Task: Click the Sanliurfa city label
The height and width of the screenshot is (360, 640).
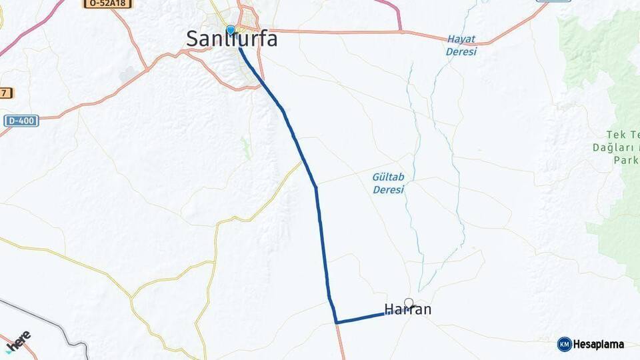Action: pos(232,39)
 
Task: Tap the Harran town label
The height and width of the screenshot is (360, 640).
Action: pos(408,310)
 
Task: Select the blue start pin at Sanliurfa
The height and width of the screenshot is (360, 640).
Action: pos(230,30)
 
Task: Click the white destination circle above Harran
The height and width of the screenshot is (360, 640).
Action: pos(409,302)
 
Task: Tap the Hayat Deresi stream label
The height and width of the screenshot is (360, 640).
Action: pos(461,45)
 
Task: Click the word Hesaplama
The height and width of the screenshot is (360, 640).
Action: pos(599,345)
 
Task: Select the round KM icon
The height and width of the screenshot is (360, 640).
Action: pos(564,345)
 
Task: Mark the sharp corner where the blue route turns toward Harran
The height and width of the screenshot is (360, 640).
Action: pos(337,322)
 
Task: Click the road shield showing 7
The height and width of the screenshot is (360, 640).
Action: pos(6,93)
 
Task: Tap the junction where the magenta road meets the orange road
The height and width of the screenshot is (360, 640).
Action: pos(401,31)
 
